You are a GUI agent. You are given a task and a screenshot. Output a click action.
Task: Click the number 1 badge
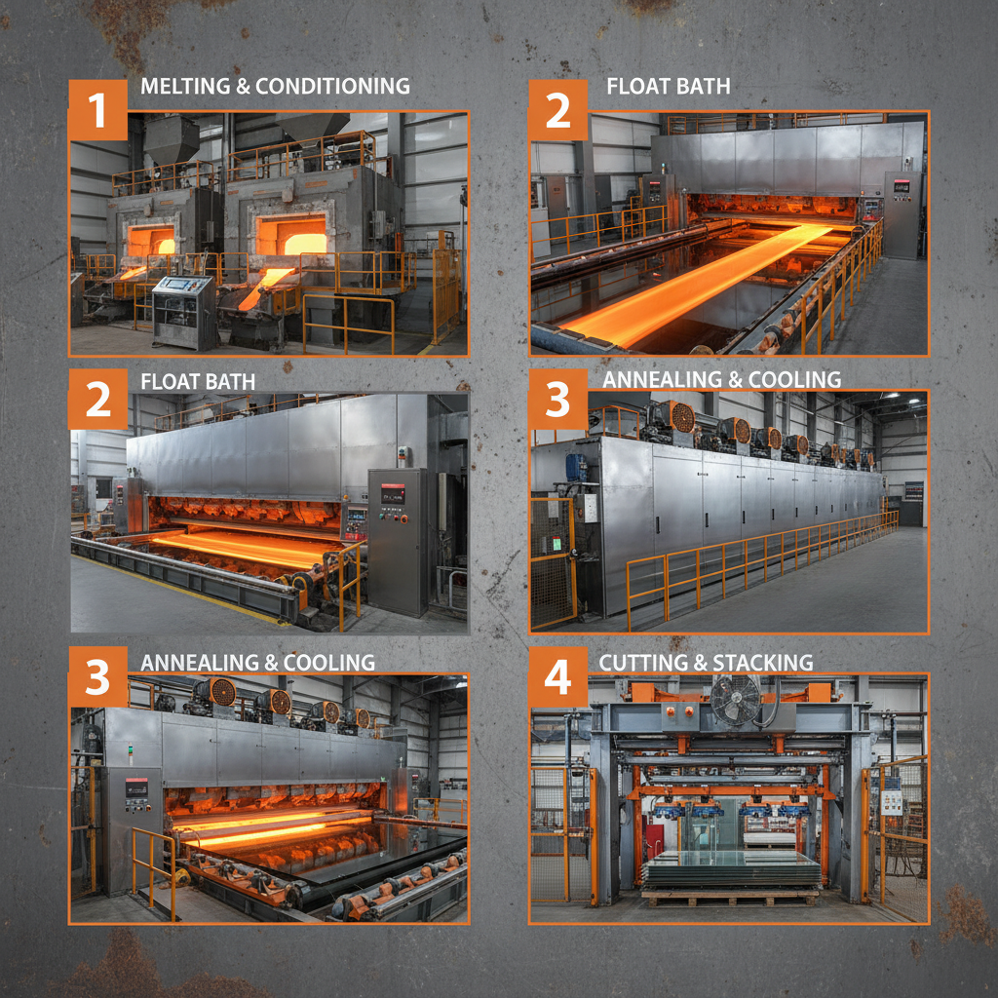97,110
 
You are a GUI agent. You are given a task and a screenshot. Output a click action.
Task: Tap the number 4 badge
557,677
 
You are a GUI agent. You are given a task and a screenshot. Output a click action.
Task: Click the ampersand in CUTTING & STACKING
698,663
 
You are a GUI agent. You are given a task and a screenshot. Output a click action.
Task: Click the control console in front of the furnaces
182,309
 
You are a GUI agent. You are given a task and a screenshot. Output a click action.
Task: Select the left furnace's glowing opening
151,240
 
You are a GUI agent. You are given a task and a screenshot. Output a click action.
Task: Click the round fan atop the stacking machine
735,700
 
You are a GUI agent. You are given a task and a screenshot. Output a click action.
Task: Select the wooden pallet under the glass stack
730,896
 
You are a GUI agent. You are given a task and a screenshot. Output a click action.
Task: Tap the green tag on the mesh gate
556,543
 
